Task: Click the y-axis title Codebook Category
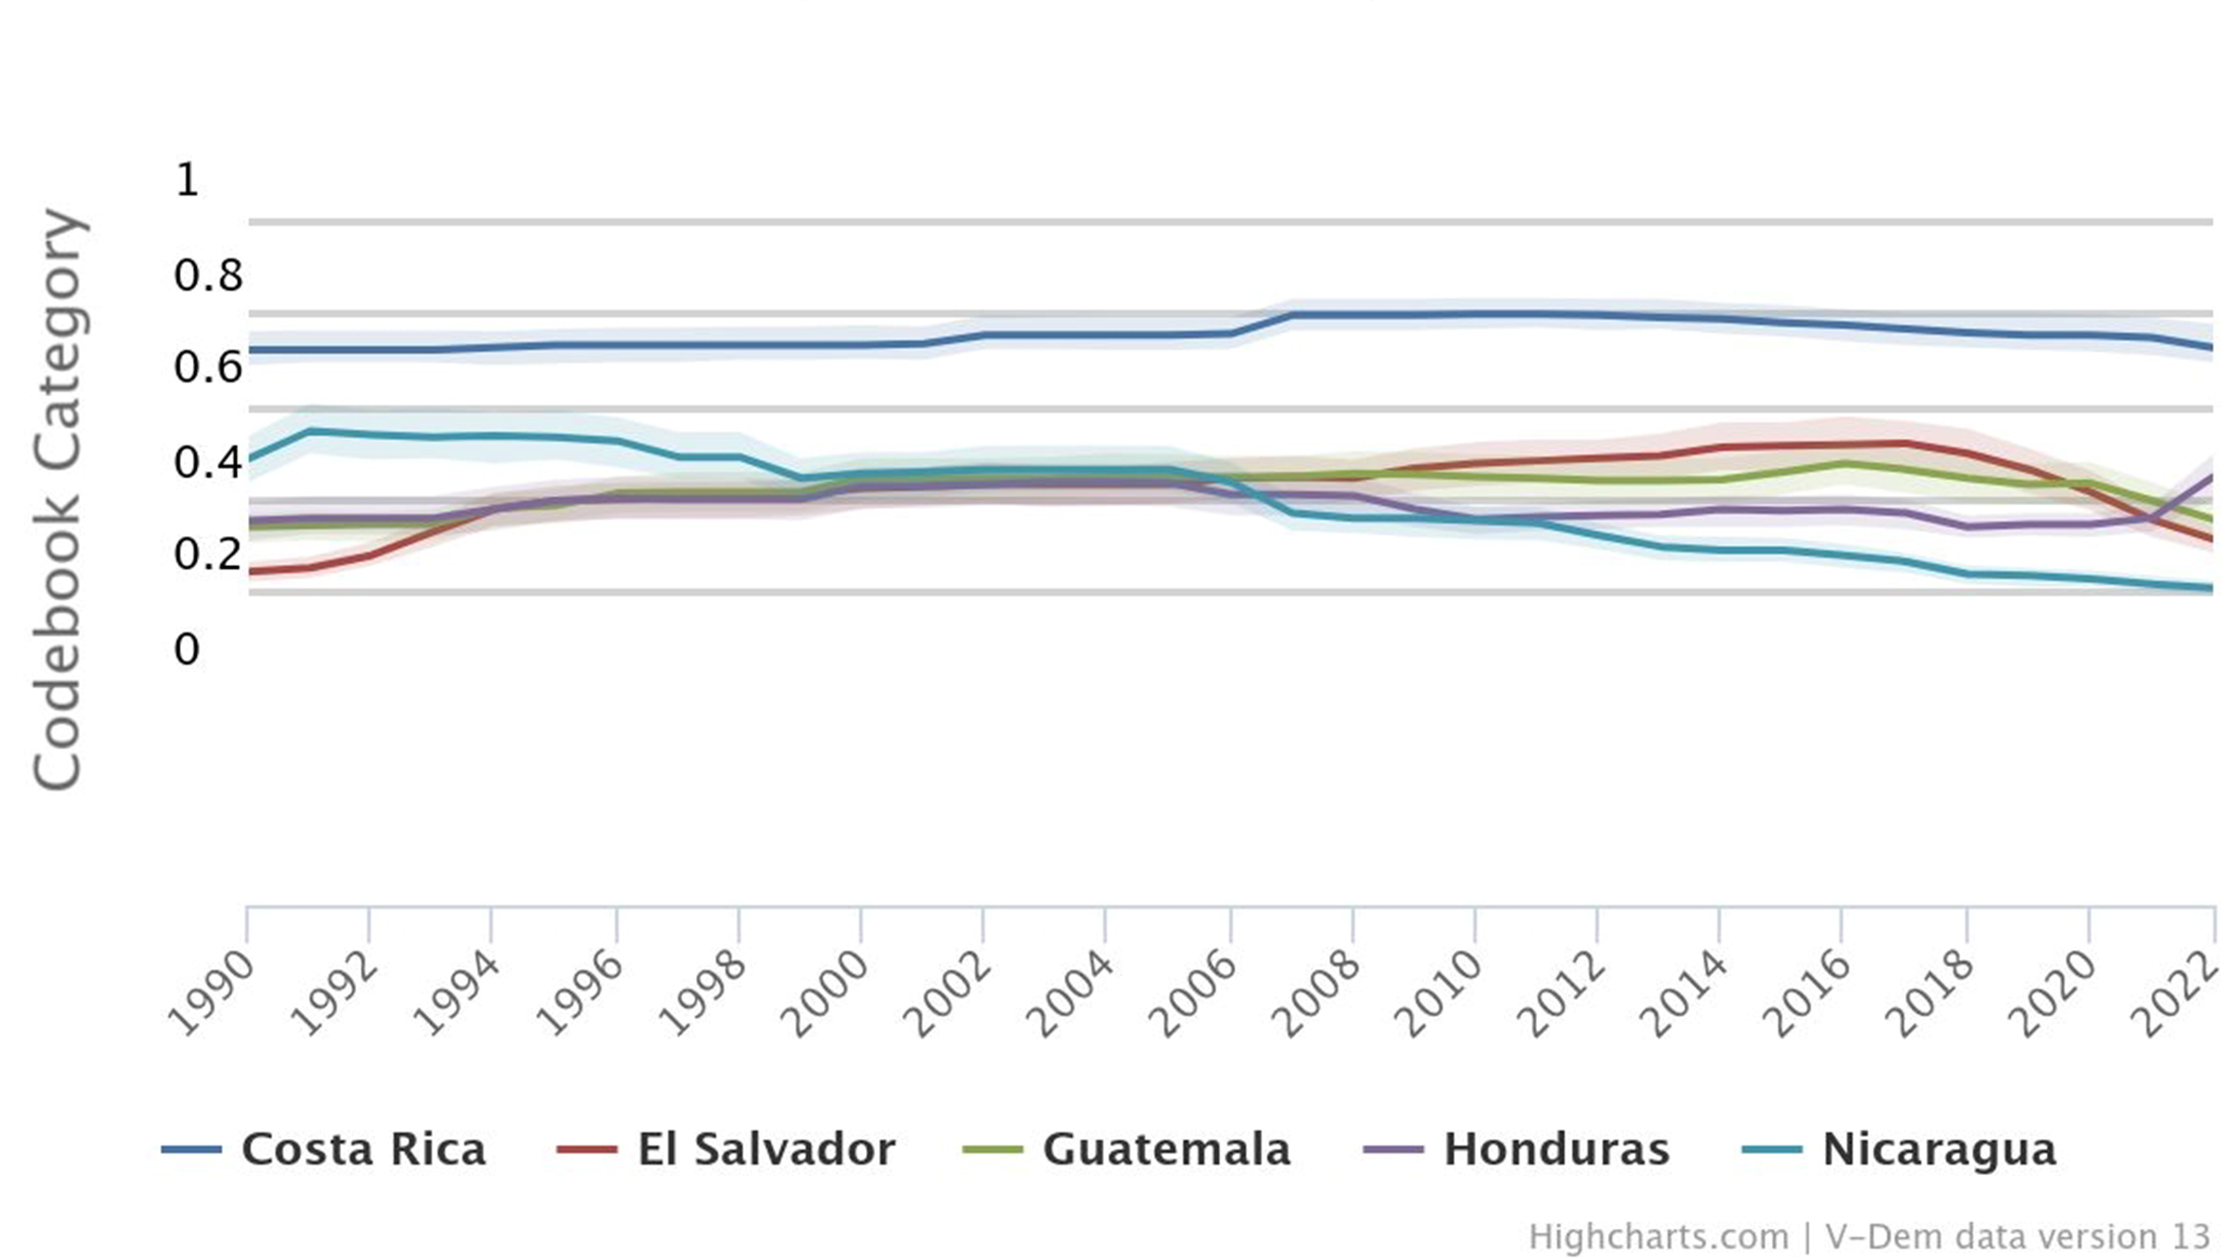(58, 499)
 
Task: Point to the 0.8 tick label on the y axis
(207, 275)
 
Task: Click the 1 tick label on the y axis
(186, 179)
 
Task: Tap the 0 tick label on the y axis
(186, 649)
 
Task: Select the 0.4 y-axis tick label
(207, 462)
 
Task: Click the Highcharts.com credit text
(1657, 1237)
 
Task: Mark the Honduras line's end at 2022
(2211, 477)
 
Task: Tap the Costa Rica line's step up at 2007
(1292, 315)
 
